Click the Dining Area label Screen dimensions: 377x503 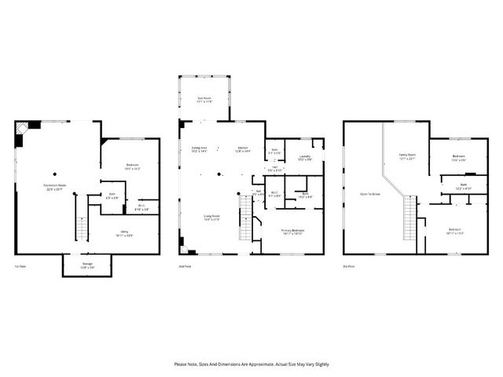point(199,149)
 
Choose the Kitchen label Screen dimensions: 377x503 point(244,149)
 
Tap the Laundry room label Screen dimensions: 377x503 point(304,158)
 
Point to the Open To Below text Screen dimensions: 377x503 point(369,193)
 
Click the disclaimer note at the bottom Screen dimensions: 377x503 point(251,364)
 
